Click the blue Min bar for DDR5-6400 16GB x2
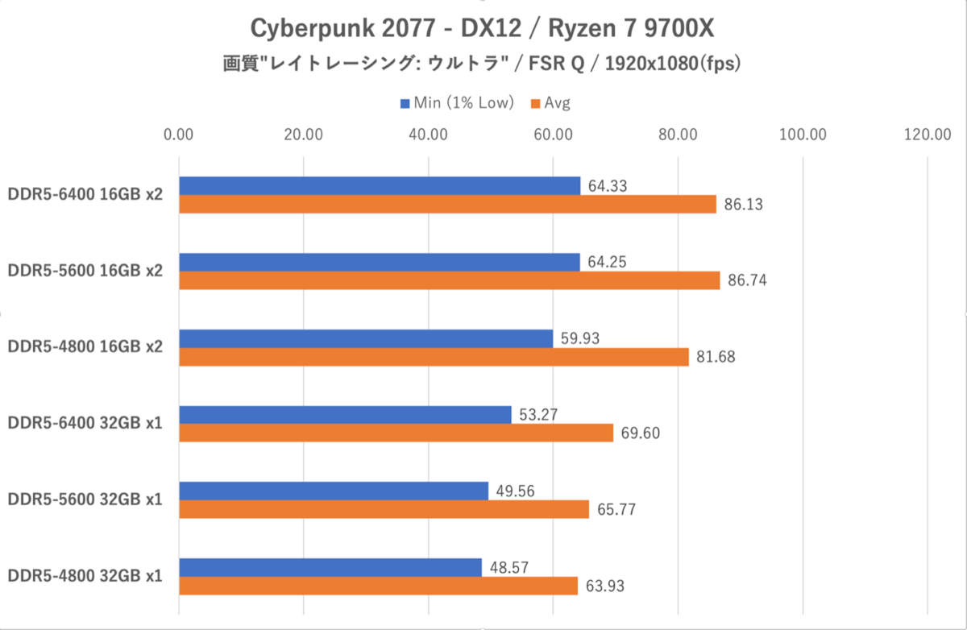click(x=380, y=185)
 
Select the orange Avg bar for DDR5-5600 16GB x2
click(x=450, y=280)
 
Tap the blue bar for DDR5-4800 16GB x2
click(x=366, y=338)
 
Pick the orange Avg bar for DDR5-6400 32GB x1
click(x=396, y=433)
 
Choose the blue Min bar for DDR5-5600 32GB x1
click(x=334, y=491)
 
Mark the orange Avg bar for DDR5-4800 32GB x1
click(x=379, y=586)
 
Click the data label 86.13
click(x=743, y=205)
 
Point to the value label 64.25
click(x=607, y=262)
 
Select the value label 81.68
click(x=716, y=357)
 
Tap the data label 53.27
click(x=538, y=415)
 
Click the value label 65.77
click(x=616, y=510)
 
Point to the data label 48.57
click(x=509, y=567)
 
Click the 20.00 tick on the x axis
click(x=304, y=135)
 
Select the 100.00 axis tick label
click(x=803, y=135)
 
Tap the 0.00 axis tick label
click(x=178, y=135)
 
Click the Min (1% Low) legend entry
click(x=457, y=103)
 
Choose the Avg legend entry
click(x=550, y=103)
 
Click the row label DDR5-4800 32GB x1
click(x=85, y=576)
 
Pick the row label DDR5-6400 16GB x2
click(x=85, y=195)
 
